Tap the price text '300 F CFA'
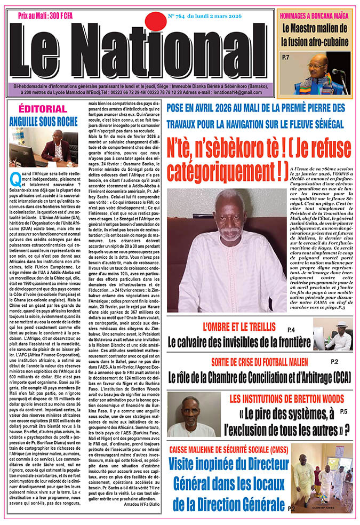(x=56, y=15)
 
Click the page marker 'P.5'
(x=344, y=411)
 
